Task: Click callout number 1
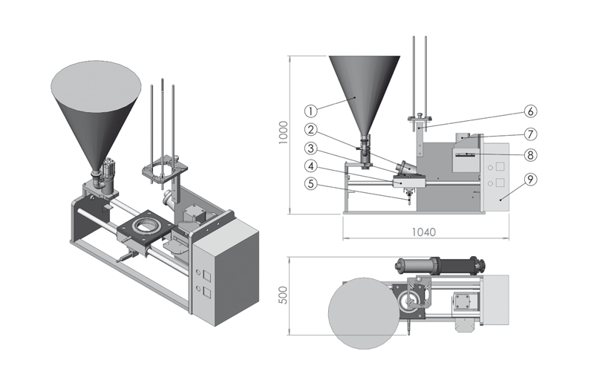pyautogui.click(x=311, y=109)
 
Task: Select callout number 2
pyautogui.click(x=311, y=128)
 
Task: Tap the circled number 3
pyautogui.click(x=311, y=147)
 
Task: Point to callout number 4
pyautogui.click(x=311, y=166)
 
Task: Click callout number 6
pyautogui.click(x=530, y=111)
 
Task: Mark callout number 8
pyautogui.click(x=530, y=155)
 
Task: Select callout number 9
pyautogui.click(x=530, y=178)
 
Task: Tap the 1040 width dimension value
pyautogui.click(x=424, y=232)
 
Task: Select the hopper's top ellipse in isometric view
pyautogui.click(x=96, y=79)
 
